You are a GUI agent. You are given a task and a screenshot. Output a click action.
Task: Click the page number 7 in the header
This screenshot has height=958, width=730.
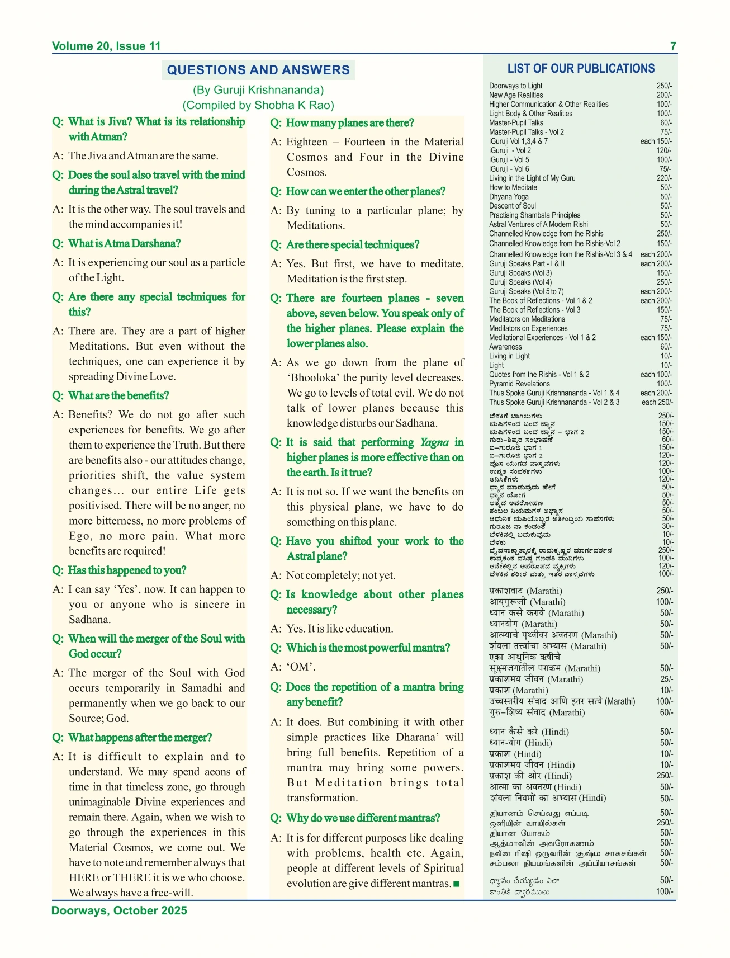click(673, 46)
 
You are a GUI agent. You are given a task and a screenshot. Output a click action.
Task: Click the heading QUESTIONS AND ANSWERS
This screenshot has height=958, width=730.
click(258, 70)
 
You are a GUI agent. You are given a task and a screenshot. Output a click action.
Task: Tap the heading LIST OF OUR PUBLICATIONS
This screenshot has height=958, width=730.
click(581, 69)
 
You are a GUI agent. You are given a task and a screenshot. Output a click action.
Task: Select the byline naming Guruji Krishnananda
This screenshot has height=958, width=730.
click(258, 90)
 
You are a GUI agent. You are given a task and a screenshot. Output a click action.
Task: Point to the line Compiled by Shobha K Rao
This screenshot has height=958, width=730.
click(258, 105)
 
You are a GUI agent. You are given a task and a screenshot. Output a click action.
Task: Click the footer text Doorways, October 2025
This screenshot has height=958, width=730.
click(119, 910)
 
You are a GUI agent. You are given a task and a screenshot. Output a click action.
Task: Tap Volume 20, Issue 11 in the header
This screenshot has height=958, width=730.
click(106, 46)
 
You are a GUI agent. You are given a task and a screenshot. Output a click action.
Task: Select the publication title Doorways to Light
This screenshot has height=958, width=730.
click(515, 86)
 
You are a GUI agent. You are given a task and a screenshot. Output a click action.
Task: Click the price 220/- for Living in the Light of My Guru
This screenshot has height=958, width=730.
click(664, 178)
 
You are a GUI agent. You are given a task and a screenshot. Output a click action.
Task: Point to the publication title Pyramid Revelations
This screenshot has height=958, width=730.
click(519, 384)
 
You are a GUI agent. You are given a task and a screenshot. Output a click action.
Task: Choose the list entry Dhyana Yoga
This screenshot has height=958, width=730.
click(509, 197)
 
